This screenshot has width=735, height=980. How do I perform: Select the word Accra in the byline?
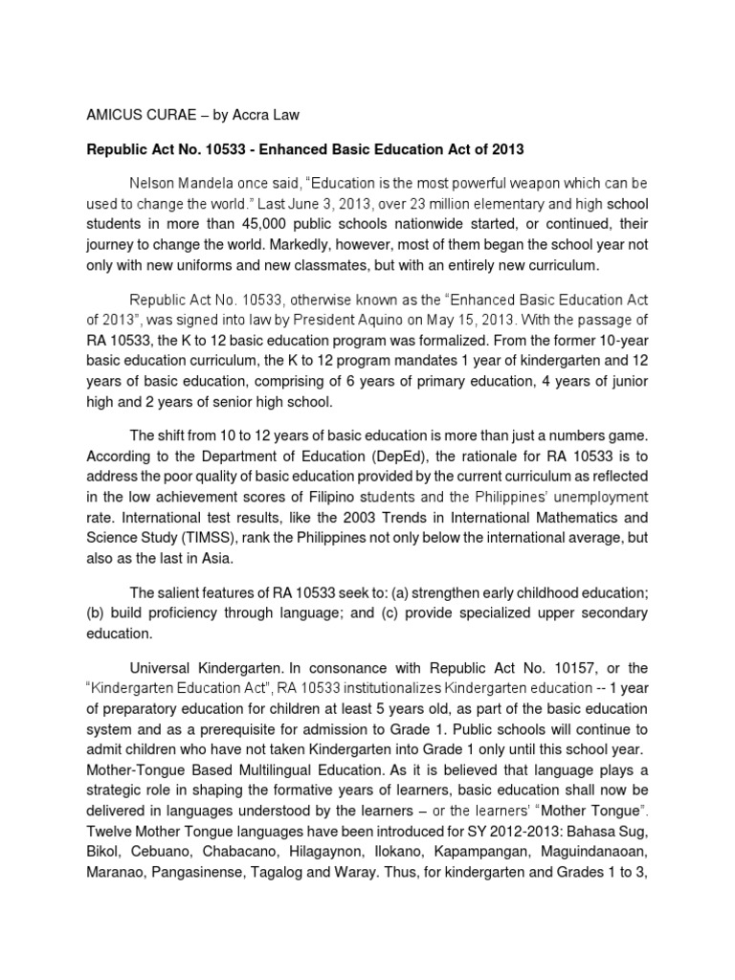tap(250, 116)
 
